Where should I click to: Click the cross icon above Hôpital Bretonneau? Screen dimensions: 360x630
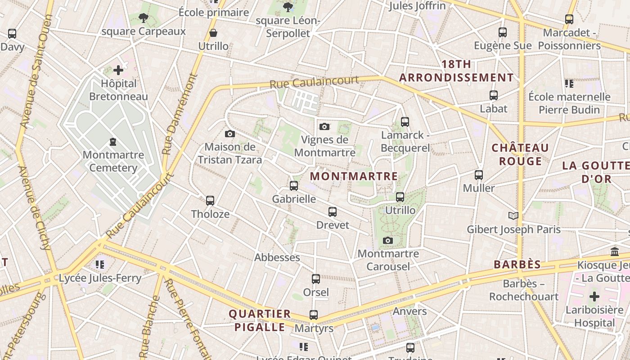(x=118, y=70)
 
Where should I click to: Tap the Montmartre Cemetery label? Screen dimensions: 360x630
(x=113, y=161)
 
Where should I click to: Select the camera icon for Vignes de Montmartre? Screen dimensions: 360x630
(x=324, y=127)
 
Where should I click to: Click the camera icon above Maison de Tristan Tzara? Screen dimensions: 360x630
(x=230, y=134)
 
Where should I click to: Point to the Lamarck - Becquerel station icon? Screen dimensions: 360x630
(x=405, y=121)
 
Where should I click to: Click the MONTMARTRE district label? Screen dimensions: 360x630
(x=354, y=176)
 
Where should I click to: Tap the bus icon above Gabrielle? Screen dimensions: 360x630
(x=294, y=185)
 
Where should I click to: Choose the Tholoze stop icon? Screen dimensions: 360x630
(x=210, y=201)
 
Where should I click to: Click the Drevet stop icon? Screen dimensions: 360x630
(x=333, y=211)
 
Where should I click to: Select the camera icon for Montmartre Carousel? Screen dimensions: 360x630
(x=388, y=240)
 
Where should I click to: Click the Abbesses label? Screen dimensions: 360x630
(x=277, y=257)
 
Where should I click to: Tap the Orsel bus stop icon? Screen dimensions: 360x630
(x=316, y=279)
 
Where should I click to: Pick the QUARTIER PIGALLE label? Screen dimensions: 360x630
(x=260, y=320)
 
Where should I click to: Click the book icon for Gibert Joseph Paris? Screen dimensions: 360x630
(x=513, y=216)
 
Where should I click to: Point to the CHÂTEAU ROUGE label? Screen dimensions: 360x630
(x=520, y=154)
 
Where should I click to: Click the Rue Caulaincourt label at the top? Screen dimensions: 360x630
(x=314, y=82)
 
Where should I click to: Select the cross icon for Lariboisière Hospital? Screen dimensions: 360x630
(x=594, y=297)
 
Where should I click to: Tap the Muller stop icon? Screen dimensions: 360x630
(x=479, y=175)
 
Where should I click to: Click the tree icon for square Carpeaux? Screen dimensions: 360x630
(x=144, y=18)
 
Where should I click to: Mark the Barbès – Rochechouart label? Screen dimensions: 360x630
(x=524, y=290)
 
